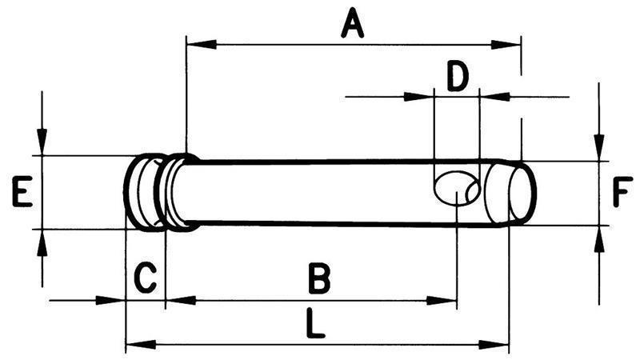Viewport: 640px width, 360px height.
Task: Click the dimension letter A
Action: pos(352,25)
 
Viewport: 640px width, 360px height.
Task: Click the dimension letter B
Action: pos(319,281)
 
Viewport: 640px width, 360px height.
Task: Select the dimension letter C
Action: pos(144,279)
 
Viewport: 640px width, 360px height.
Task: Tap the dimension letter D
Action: pos(457,78)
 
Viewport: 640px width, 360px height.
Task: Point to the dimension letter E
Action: pos(22,193)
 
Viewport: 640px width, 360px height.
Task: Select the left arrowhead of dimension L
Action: pos(138,345)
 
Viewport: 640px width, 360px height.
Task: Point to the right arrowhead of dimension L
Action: pos(499,345)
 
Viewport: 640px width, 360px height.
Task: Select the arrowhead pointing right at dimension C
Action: pos(116,301)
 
